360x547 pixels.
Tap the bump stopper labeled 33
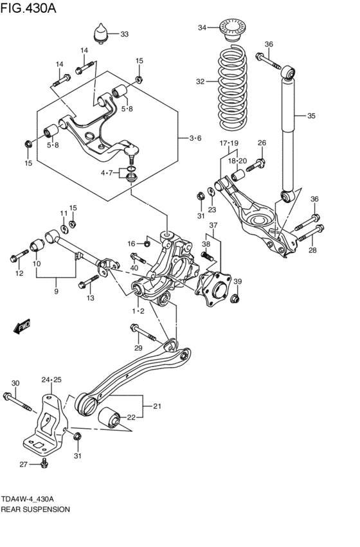(102, 34)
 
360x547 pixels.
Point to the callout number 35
(311, 116)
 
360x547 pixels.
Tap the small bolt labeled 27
(44, 463)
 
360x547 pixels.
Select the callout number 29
(137, 348)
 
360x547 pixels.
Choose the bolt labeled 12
(16, 259)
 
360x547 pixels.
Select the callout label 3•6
(195, 138)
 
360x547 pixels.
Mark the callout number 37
(213, 225)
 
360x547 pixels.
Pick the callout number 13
(91, 298)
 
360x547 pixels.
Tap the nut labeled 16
(147, 243)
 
